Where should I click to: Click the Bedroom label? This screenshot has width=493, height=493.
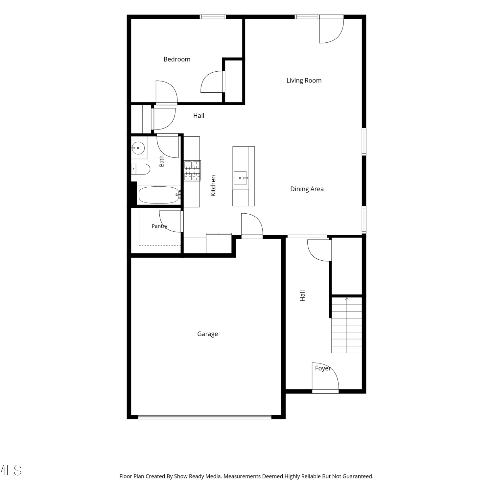tap(177, 59)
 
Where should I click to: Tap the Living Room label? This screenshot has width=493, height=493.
tap(304, 81)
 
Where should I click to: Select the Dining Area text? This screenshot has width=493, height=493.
tap(307, 189)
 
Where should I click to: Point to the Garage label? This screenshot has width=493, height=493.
tap(207, 334)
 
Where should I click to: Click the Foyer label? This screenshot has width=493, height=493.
tap(323, 368)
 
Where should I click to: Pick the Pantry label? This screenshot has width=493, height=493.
tap(159, 226)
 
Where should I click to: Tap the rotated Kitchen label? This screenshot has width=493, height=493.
tap(213, 186)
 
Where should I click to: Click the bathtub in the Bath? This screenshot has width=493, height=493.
tap(159, 195)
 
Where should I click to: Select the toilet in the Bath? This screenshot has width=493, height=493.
tap(140, 169)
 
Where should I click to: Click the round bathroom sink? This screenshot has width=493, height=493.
tap(138, 148)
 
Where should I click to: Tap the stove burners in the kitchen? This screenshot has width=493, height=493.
tap(192, 171)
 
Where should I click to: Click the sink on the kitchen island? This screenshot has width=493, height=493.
tap(240, 178)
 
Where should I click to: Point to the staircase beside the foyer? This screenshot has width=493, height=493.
tap(346, 325)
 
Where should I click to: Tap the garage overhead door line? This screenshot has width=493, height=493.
tap(205, 417)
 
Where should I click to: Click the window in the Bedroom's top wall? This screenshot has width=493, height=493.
tap(213, 17)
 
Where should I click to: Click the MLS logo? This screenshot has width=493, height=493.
tap(11, 470)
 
